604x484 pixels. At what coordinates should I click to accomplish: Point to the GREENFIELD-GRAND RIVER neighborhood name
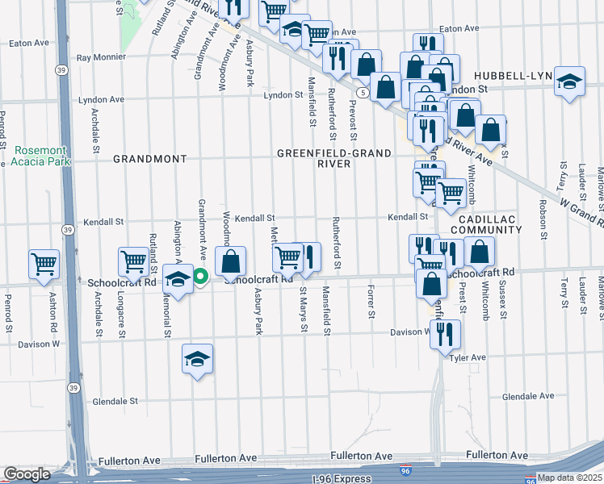point(333,158)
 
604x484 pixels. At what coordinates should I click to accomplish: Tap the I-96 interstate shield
point(404,469)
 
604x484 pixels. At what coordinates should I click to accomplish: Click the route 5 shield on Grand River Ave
point(365,94)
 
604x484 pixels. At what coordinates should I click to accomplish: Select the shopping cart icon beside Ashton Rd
point(44,264)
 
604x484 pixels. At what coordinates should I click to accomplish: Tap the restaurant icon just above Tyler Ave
point(444,334)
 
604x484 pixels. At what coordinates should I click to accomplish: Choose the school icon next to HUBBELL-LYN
point(570,81)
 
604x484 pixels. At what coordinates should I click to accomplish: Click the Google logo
point(27,474)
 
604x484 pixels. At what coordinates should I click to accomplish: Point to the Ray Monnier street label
point(101,57)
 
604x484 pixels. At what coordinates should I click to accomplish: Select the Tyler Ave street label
point(468,357)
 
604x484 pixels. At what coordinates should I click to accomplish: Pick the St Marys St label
point(304,306)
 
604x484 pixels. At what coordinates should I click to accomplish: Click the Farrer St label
point(371,300)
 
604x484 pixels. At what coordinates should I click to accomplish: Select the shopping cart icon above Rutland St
point(134,261)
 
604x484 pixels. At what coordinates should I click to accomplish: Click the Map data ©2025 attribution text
point(569,478)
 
